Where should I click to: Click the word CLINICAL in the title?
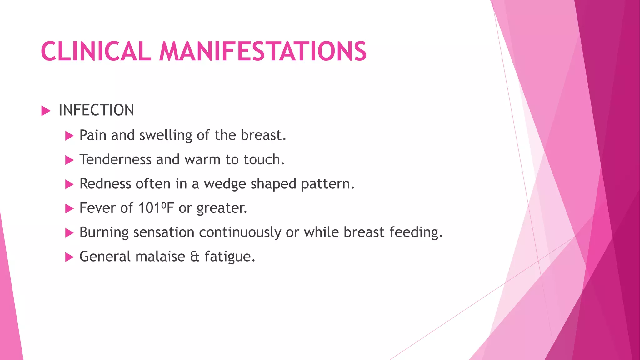coord(96,51)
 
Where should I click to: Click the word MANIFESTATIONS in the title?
coord(263,51)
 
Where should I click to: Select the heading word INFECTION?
coord(96,110)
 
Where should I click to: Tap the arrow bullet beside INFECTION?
coord(46,111)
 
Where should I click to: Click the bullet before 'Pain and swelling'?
coord(69,136)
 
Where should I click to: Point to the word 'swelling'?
coord(166,136)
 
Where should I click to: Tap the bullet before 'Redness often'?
coord(69,184)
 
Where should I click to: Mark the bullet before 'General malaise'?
coord(69,257)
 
